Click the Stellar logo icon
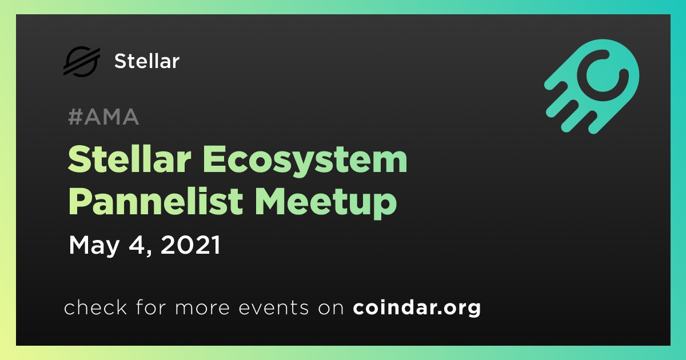coord(82,61)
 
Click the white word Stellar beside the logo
coord(147,61)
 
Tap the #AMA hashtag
coord(103,117)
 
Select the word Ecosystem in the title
coord(305,160)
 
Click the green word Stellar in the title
coord(130,159)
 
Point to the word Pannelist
coord(156,201)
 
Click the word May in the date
coord(94,246)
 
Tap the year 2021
coord(190,245)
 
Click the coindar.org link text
coord(417,307)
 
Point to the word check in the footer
coord(95,307)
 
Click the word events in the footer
coord(274,308)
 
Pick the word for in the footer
coord(151,307)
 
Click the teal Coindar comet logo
coord(592,86)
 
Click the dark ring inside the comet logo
coord(603,74)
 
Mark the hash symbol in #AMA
coord(75,117)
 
